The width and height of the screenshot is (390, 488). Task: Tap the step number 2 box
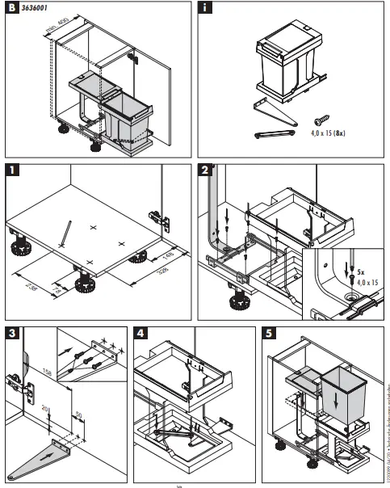click(205, 170)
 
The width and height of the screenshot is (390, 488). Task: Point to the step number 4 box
click(140, 332)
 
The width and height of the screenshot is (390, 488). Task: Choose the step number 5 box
click(270, 332)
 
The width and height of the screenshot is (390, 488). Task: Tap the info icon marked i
click(205, 9)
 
